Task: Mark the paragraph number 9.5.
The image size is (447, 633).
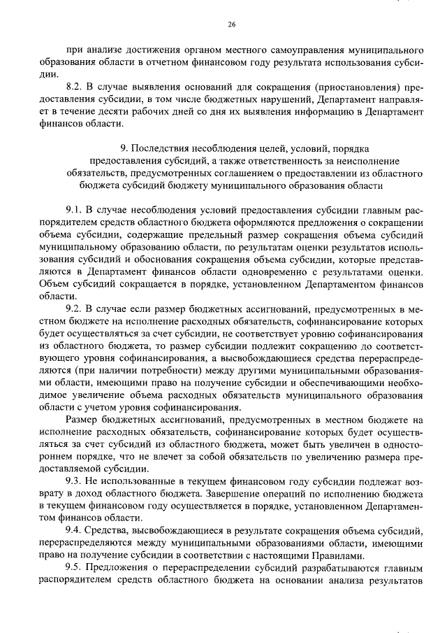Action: [75, 566]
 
